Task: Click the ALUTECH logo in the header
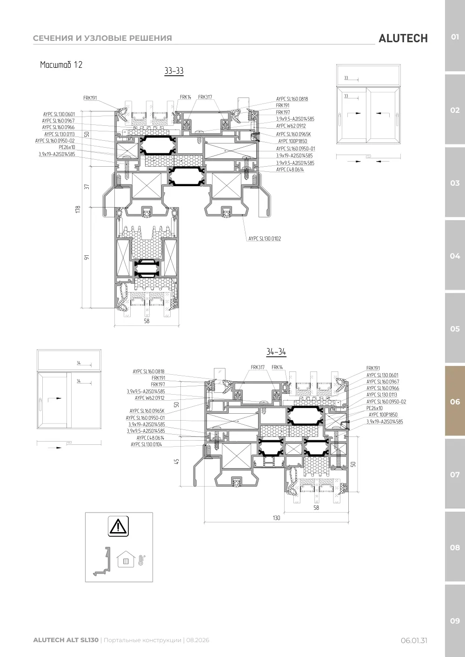coord(403,39)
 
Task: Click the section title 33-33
coord(174,71)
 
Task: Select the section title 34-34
coord(276,351)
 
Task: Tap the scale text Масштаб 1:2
coord(61,65)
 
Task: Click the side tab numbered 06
coord(455,402)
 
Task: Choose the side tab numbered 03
coord(455,183)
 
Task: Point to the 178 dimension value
coord(78,209)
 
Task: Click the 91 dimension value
coord(86,257)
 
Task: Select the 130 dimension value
coord(276,518)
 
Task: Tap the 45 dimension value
coord(177,462)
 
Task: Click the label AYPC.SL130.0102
coord(265,239)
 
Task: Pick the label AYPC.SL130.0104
coord(146,444)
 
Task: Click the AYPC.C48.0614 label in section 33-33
coord(290,169)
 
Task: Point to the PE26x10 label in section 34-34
coord(374,408)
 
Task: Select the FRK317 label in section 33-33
coord(205,97)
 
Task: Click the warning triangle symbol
coord(118,526)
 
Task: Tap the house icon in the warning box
coord(126,559)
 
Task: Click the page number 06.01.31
coord(414,640)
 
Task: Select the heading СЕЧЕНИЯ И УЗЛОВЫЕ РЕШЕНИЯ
coord(102,38)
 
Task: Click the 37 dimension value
coord(86,187)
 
